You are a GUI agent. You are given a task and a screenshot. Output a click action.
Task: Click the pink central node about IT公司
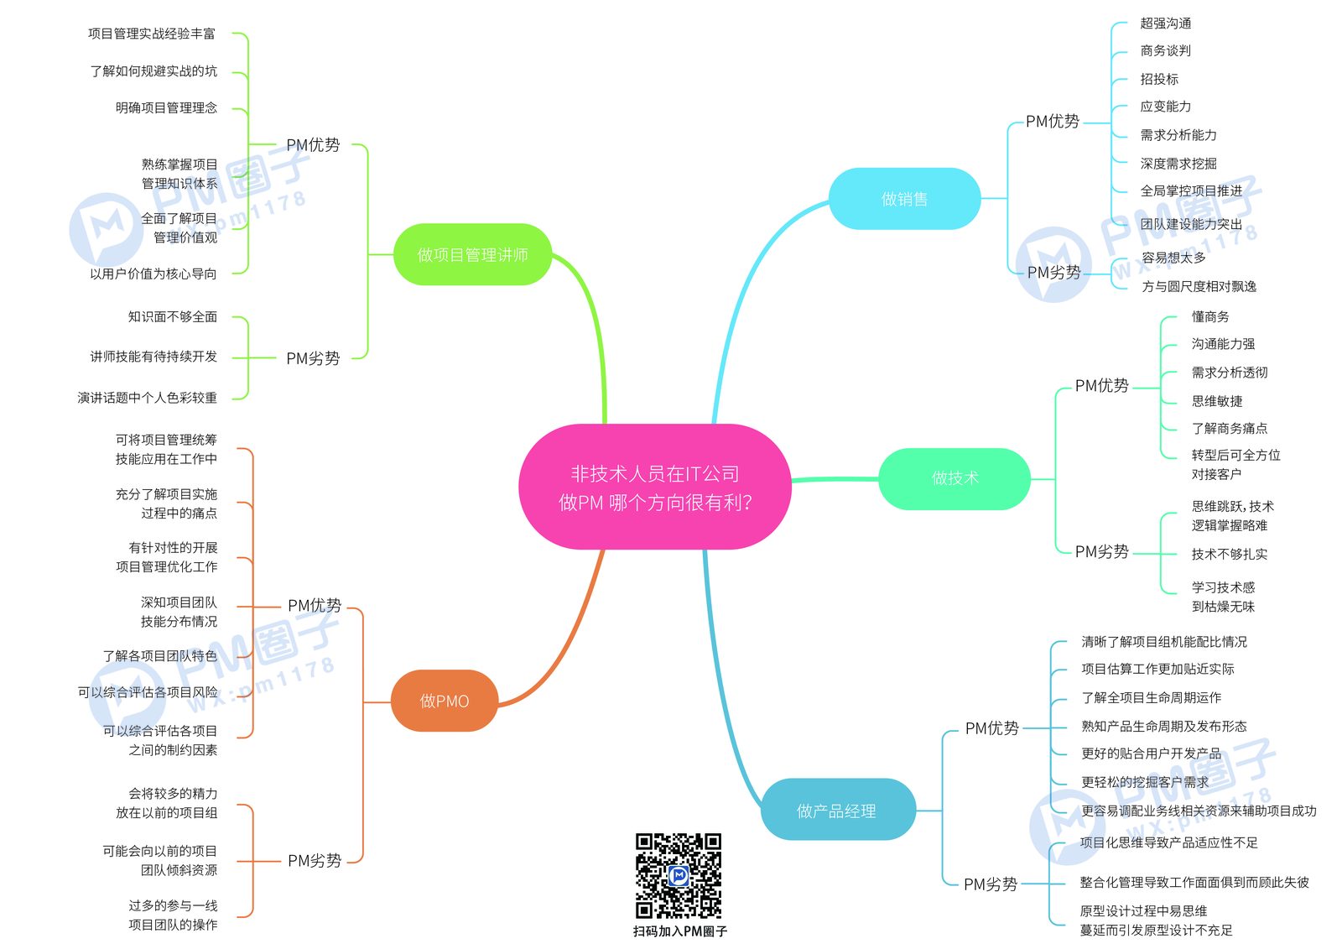point(655,487)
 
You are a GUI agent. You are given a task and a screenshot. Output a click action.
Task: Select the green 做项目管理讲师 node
point(473,255)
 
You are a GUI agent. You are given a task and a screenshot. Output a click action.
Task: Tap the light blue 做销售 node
point(905,198)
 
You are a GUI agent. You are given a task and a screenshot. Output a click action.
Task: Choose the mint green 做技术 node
point(955,478)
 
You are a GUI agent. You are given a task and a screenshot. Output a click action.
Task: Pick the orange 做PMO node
point(445,701)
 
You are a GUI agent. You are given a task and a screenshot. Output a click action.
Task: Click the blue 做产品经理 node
point(838,810)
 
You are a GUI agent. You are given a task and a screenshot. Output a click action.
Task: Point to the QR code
point(679,876)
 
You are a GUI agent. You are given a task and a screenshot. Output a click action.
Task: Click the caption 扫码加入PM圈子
point(680,931)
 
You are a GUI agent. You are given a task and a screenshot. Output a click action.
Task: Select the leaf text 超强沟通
point(1165,23)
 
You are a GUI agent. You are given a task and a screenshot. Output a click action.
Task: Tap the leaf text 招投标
point(1159,79)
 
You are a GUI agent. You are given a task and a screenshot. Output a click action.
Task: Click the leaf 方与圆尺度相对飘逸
point(1199,287)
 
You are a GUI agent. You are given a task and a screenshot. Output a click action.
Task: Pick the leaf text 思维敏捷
point(1217,401)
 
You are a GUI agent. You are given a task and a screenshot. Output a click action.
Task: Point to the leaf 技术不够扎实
point(1230,554)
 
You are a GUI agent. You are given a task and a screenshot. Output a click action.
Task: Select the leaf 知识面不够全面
point(173,316)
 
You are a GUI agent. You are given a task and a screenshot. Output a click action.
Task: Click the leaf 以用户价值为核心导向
point(153,274)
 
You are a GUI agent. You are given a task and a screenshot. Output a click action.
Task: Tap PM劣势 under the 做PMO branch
point(315,861)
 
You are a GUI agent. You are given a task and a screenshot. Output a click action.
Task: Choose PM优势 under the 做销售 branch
point(1053,122)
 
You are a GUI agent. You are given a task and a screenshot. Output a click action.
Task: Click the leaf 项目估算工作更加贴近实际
point(1157,669)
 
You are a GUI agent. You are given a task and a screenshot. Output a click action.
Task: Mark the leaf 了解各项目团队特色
point(160,656)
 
